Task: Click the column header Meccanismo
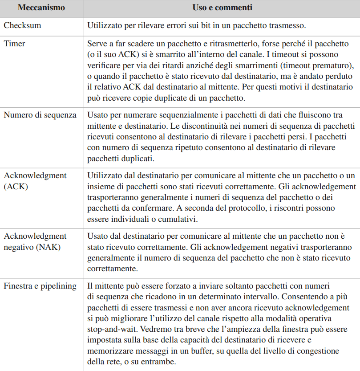click(41, 8)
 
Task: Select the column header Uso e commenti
click(221, 8)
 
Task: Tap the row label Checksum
click(22, 25)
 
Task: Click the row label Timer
click(15, 44)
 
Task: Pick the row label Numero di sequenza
click(40, 115)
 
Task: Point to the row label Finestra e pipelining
click(40, 286)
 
